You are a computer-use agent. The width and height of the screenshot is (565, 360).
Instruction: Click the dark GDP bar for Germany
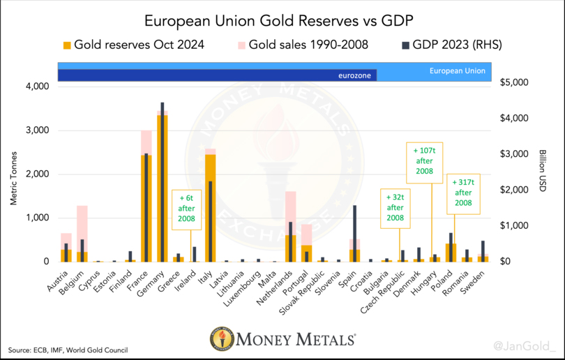pyautogui.click(x=163, y=181)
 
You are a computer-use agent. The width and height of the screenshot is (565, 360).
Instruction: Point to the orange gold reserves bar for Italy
pyautogui.click(x=210, y=209)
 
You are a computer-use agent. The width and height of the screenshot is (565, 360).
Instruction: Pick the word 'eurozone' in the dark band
pyautogui.click(x=354, y=73)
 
